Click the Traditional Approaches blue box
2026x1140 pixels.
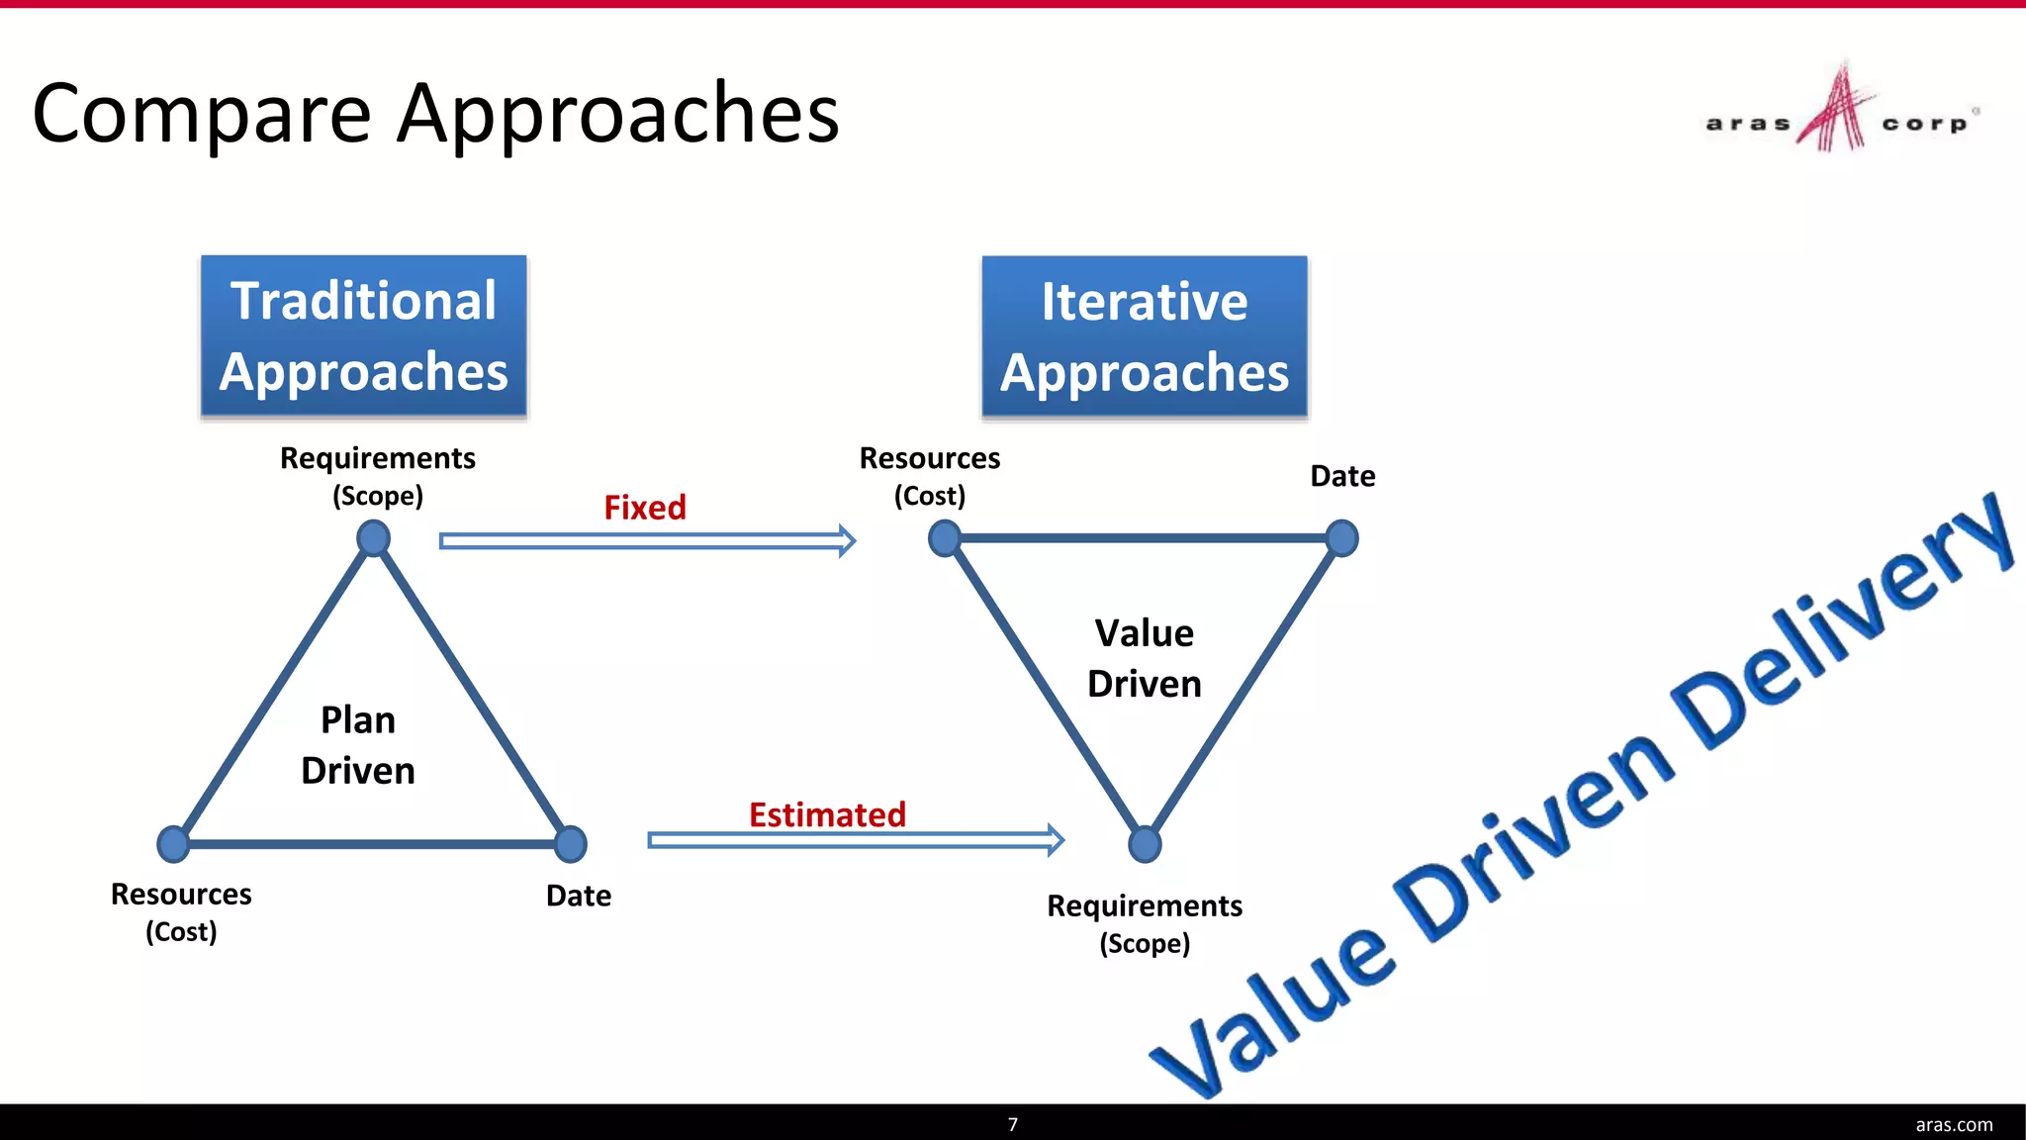coord(363,336)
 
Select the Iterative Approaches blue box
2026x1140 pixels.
coord(1145,336)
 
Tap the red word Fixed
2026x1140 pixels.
coord(645,508)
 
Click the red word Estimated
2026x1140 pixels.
coord(827,814)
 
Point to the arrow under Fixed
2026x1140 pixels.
coord(648,540)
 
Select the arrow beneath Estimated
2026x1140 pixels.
coord(856,840)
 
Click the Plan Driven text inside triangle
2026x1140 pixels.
coord(358,745)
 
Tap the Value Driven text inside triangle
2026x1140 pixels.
coord(1145,658)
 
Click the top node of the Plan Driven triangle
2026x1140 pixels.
coord(373,538)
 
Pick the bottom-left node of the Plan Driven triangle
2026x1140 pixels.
coord(173,844)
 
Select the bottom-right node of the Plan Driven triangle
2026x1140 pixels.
coord(571,844)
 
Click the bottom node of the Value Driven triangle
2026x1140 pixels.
coord(1145,844)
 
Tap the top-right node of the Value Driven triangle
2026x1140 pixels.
coord(1341,538)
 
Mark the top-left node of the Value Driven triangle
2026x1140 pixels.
coord(945,538)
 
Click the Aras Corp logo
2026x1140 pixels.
coord(1840,111)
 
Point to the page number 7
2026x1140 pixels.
coord(1012,1124)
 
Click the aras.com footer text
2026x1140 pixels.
coord(1954,1124)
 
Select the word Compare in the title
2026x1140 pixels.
coord(202,115)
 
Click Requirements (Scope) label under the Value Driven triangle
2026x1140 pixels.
coord(1145,923)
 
